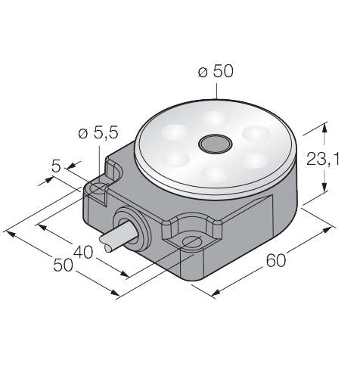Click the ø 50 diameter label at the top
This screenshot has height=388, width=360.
(x=216, y=71)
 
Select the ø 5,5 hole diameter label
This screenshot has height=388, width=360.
(x=98, y=132)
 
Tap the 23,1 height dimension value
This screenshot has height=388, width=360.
(x=323, y=159)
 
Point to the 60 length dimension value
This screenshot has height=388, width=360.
(x=276, y=260)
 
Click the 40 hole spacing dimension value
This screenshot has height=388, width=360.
(x=83, y=252)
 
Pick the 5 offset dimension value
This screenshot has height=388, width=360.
(x=56, y=166)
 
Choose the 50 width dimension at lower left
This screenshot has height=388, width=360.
(x=63, y=265)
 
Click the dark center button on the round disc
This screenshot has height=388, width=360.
(x=216, y=144)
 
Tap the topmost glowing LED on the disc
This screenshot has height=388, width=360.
(x=214, y=119)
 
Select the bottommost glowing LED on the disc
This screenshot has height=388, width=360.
(x=215, y=173)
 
